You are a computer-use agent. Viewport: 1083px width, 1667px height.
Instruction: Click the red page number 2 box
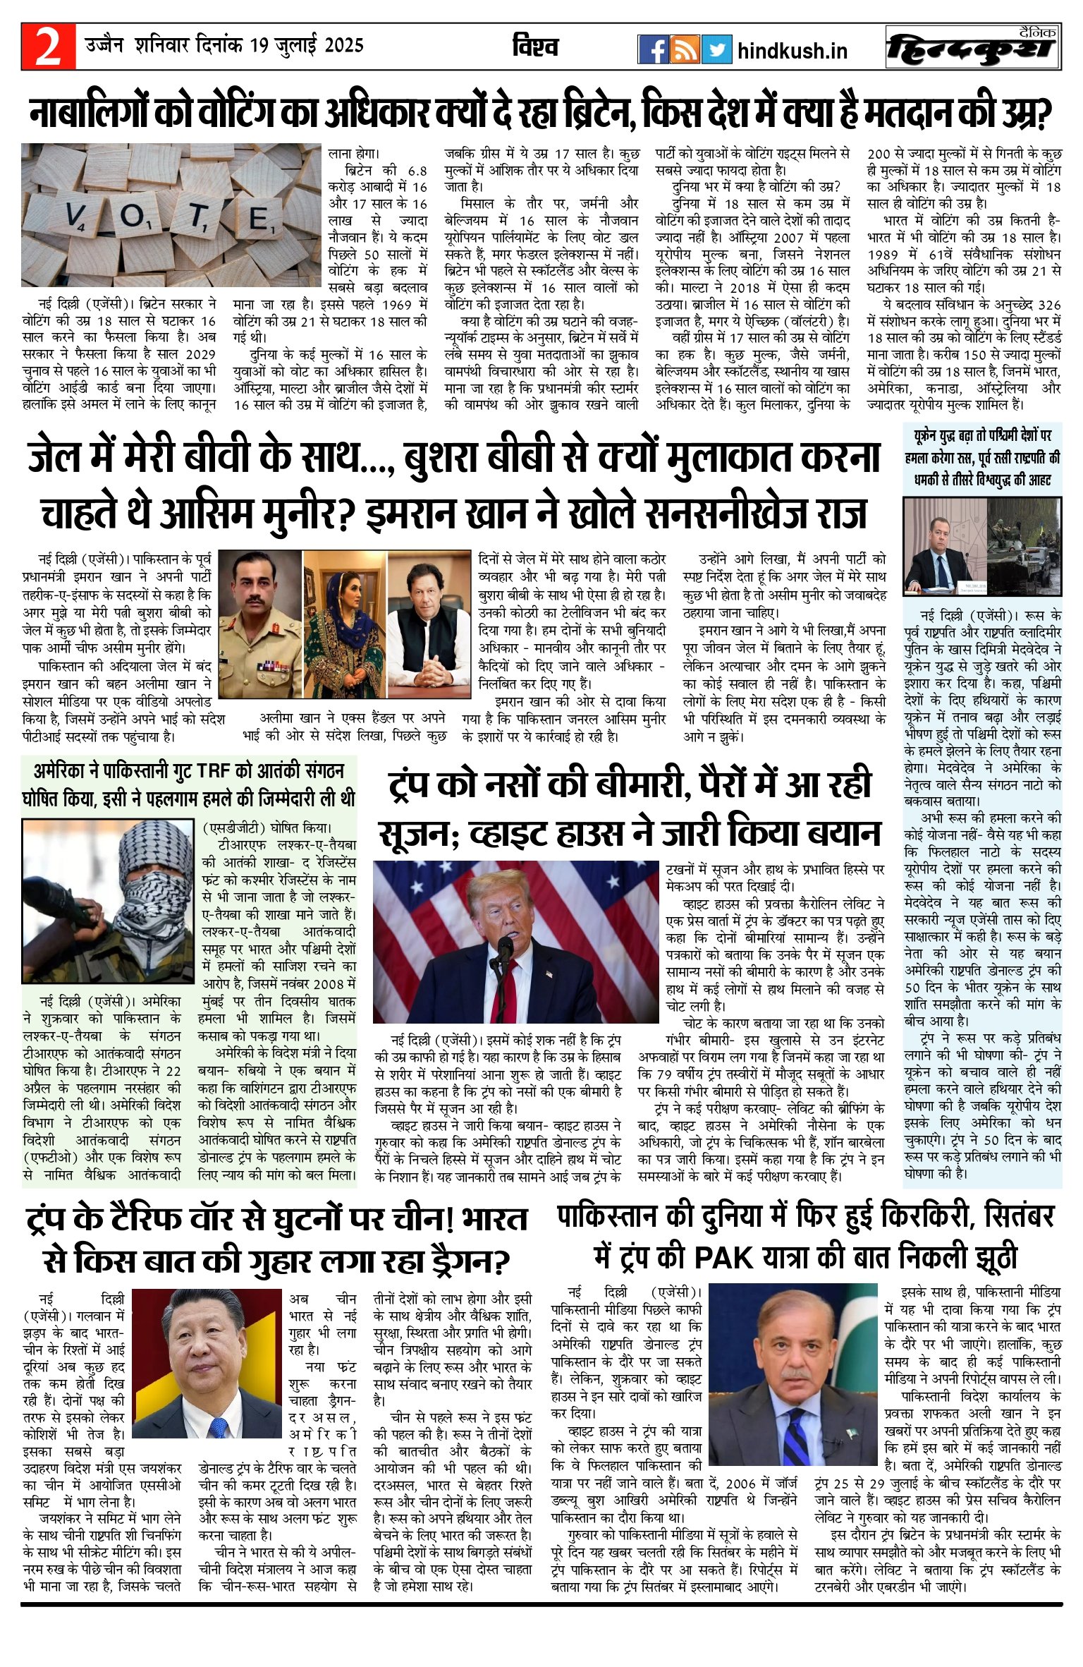coord(48,47)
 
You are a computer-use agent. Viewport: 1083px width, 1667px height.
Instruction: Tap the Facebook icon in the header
coord(652,49)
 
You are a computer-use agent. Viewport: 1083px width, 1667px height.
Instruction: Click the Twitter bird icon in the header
coord(716,49)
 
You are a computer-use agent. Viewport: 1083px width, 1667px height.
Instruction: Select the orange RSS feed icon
coord(684,49)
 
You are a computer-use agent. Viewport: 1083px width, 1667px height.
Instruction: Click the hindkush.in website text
coord(792,51)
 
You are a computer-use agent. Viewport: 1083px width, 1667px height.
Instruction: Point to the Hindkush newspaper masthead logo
coord(973,47)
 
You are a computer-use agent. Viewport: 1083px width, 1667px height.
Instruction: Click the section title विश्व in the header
coord(535,47)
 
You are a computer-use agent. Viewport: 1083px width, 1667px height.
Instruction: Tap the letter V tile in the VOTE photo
coord(75,214)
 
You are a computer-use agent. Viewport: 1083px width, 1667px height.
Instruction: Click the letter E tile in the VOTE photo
coord(259,219)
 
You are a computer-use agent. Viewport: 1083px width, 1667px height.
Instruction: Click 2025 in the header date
coord(344,46)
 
